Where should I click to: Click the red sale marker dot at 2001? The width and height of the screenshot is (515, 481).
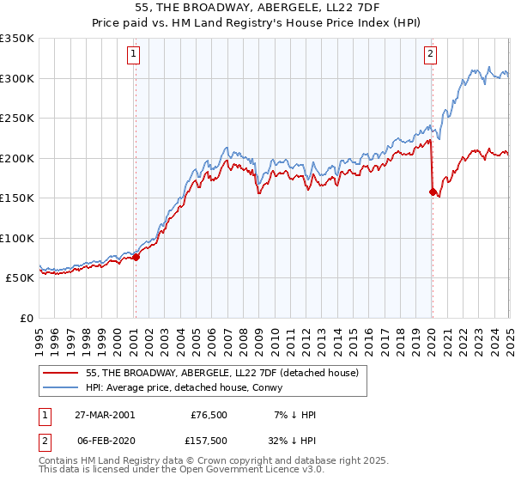pos(136,257)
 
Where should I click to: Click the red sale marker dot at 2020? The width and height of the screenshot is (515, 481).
pos(433,192)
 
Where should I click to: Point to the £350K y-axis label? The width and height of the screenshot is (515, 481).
pos(17,39)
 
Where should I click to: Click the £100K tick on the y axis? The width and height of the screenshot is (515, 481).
pos(17,238)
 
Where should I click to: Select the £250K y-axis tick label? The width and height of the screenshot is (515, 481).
pos(17,119)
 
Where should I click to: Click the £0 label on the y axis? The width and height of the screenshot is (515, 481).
pos(25,318)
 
